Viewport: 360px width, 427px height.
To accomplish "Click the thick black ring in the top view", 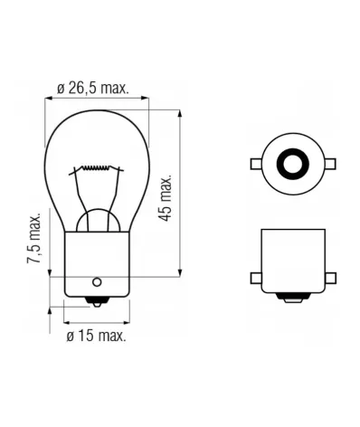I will pyautogui.click(x=291, y=163).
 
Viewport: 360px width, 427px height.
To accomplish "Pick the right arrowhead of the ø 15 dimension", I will pyautogui.click(x=115, y=320).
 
